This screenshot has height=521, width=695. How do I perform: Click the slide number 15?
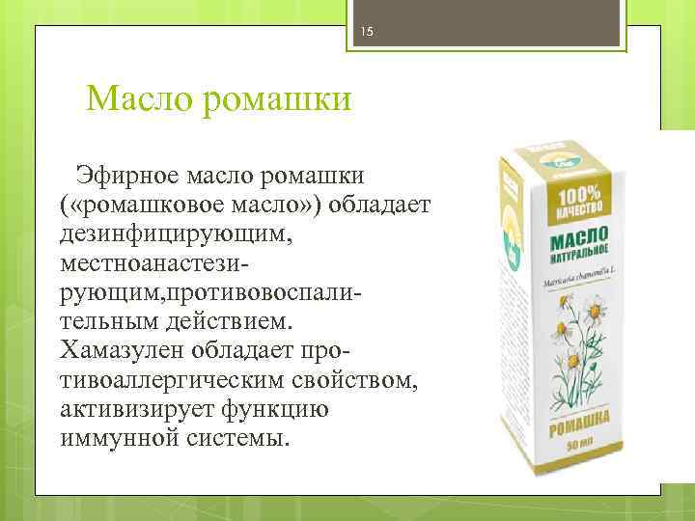367,33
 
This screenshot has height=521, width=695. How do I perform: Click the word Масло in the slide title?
139,99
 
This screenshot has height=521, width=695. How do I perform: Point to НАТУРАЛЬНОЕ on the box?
579,260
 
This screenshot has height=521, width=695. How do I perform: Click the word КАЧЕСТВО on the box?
578,208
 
